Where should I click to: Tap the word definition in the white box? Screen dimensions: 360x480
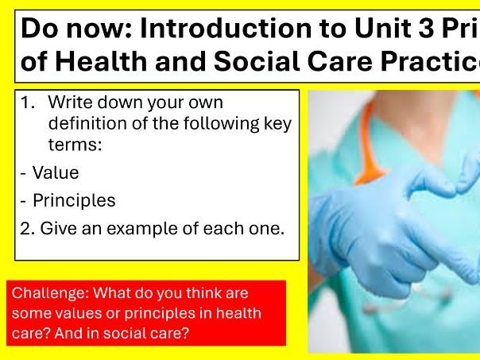87,124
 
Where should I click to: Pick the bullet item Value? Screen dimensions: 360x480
55,172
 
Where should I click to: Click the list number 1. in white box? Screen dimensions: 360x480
30,103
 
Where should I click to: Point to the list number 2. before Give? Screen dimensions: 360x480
28,228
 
